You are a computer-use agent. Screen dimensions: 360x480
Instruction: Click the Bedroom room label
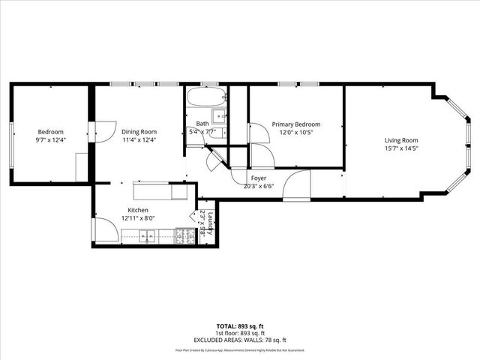pos(51,132)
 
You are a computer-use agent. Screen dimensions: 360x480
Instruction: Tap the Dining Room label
pos(139,132)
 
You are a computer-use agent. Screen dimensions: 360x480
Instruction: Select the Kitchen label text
pos(138,210)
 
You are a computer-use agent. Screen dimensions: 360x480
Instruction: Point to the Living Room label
pos(401,140)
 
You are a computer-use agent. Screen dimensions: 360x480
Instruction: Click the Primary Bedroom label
pos(296,124)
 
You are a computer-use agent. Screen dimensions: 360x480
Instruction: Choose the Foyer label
pos(259,178)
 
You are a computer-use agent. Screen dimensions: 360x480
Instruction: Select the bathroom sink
pos(219,116)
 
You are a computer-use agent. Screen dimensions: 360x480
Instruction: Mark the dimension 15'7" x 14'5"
pos(401,148)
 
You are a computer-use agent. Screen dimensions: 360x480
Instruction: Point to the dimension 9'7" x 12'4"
pos(51,140)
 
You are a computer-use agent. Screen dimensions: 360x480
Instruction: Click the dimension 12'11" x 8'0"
pos(138,218)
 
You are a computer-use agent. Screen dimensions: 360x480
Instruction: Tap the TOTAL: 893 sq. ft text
pos(240,326)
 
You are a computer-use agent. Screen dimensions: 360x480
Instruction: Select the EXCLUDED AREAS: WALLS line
pos(240,338)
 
